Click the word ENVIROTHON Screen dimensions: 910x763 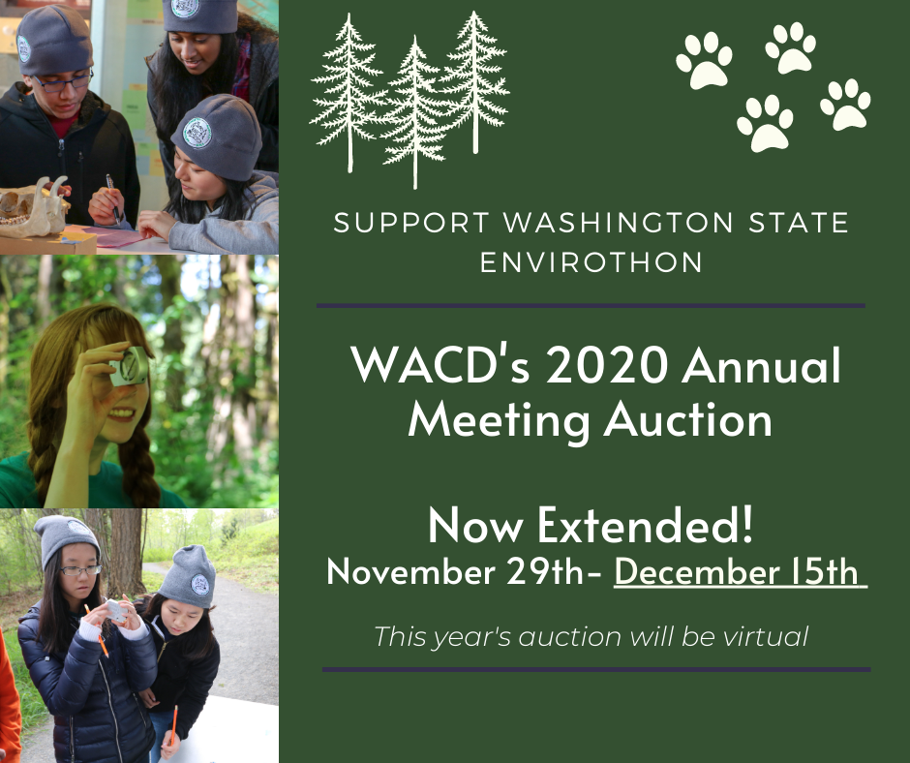point(591,261)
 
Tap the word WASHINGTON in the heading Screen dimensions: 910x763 point(618,223)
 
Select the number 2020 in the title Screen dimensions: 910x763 point(606,365)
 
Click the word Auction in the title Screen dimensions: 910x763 point(687,419)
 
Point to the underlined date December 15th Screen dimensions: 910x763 point(737,572)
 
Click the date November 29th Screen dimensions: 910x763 point(455,572)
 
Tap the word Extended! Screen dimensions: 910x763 point(645,525)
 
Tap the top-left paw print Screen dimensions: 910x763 point(704,60)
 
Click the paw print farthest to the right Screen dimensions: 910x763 point(845,105)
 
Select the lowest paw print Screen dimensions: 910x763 point(765,124)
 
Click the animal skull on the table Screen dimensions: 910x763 point(34,208)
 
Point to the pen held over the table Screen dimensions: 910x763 point(112,198)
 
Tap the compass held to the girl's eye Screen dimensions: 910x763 point(129,366)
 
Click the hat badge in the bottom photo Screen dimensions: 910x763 point(199,584)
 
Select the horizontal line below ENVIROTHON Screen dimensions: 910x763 point(591,305)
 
